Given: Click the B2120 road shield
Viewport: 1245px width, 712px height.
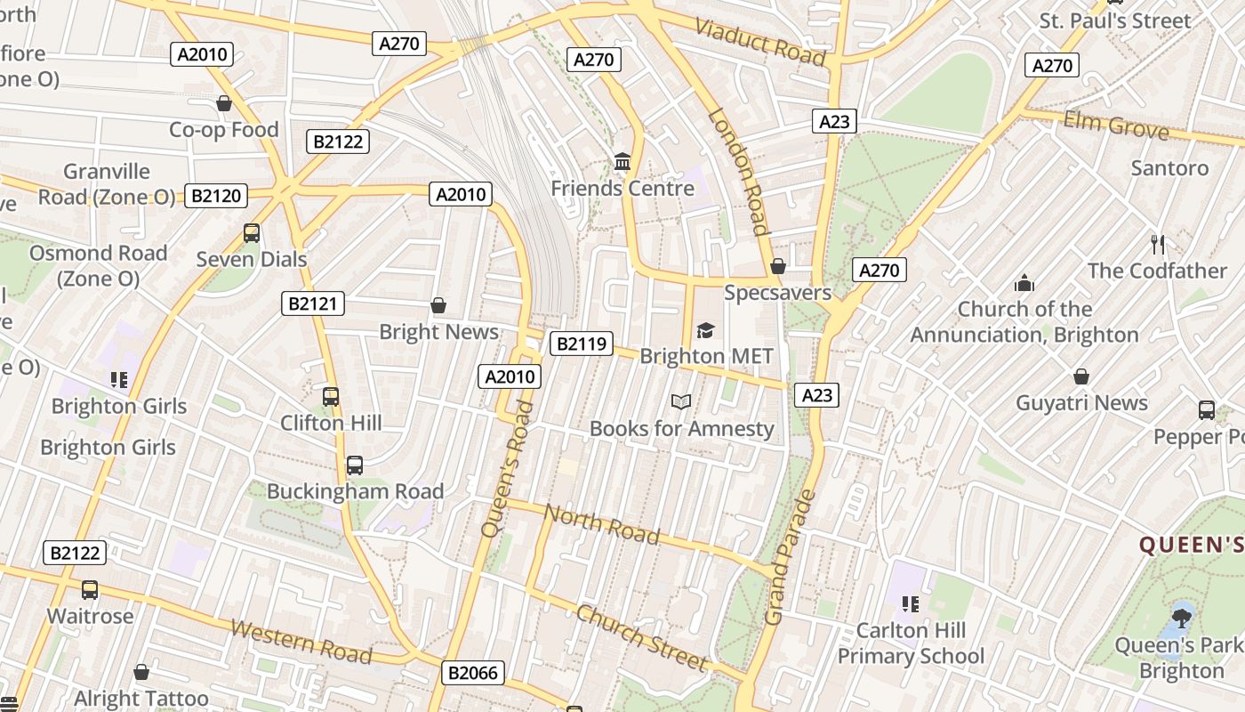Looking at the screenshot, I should [216, 196].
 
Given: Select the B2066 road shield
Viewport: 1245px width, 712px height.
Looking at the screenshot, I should [472, 673].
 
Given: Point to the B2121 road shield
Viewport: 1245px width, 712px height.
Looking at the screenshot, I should [313, 303].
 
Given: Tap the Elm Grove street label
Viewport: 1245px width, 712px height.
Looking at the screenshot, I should [1116, 125].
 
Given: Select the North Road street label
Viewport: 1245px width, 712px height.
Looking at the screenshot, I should [601, 524].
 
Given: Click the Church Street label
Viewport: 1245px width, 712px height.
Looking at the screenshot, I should [641, 637].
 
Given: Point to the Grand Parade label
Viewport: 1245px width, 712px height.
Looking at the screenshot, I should [789, 557].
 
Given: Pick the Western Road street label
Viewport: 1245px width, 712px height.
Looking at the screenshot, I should [301, 641].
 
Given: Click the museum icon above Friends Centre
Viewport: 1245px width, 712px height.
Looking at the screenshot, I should [622, 162].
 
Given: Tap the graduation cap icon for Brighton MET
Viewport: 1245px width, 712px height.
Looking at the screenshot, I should [706, 330].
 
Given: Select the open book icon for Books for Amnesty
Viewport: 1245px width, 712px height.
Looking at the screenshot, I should [681, 402].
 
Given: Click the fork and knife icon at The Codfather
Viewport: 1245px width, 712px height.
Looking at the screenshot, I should [1157, 244].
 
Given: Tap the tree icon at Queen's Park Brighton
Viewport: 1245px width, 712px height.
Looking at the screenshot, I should [1182, 617].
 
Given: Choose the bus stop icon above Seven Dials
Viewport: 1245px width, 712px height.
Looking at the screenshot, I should [252, 233].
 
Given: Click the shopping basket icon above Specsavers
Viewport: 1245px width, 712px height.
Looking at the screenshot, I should [778, 266].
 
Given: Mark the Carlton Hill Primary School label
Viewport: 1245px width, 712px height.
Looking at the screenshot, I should [911, 643].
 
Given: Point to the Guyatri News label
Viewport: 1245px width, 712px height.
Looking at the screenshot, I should [1082, 403].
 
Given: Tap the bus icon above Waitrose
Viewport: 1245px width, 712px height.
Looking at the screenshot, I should [90, 590].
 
